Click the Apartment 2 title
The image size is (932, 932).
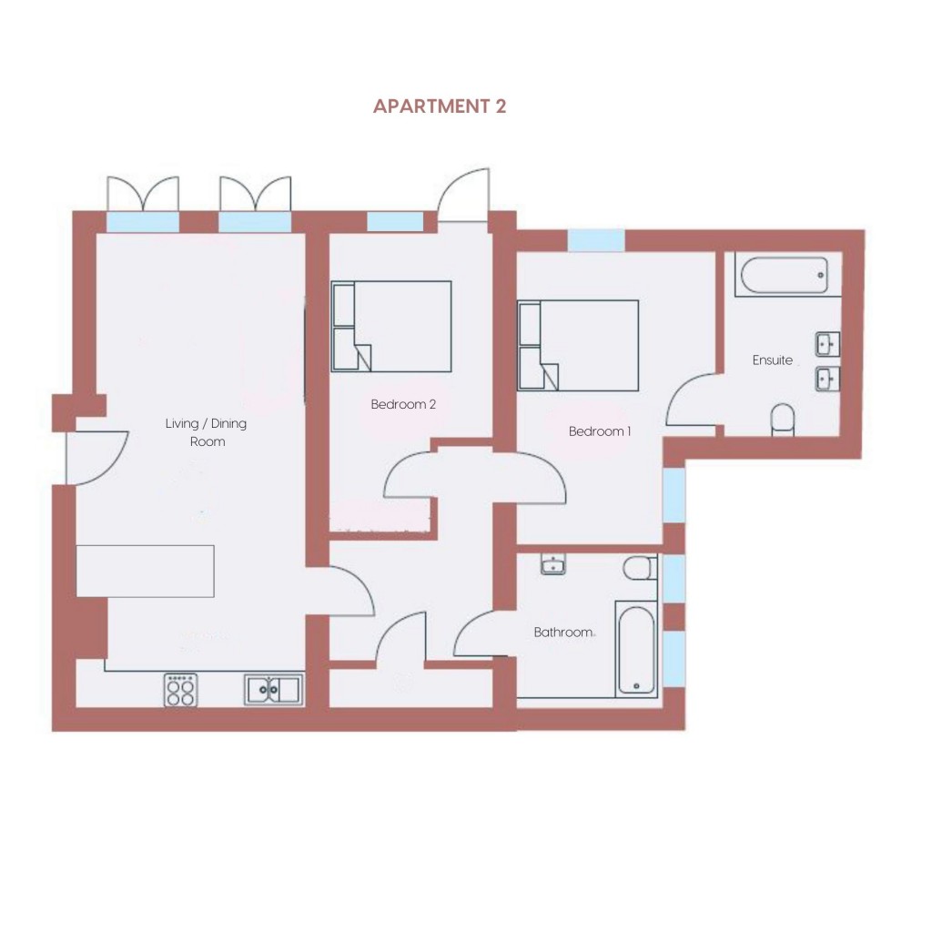click(440, 106)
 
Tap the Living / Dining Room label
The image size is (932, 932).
click(206, 432)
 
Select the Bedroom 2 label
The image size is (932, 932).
click(403, 404)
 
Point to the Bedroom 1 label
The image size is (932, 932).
click(600, 431)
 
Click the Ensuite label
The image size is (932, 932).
click(772, 360)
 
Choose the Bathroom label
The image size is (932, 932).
click(563, 633)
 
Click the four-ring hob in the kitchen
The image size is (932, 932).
click(181, 690)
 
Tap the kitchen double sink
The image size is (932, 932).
click(273, 690)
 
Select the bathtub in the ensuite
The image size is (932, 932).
click(785, 275)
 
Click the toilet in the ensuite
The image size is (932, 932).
click(782, 420)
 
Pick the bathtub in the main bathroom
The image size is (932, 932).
click(636, 650)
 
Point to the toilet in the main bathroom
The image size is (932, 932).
click(640, 568)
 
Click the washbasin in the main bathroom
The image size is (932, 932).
click(553, 564)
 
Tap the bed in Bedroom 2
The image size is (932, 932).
click(391, 327)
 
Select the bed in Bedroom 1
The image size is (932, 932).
click(578, 345)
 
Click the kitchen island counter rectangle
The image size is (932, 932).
click(145, 571)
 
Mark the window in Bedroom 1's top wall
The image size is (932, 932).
click(595, 240)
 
